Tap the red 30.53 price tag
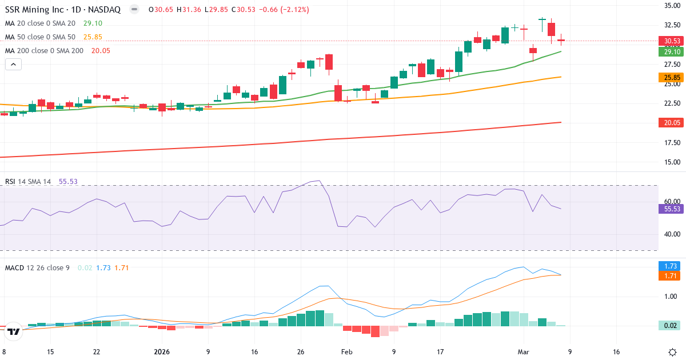[672, 41]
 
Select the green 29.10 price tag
[672, 51]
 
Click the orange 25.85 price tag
[672, 77]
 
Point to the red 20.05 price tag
[672, 122]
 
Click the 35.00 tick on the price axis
[671, 6]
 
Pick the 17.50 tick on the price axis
[671, 142]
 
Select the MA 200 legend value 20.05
[101, 50]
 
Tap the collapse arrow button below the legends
[13, 64]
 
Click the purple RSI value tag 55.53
[672, 209]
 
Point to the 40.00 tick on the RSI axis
[671, 234]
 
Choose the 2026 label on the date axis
[162, 352]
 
